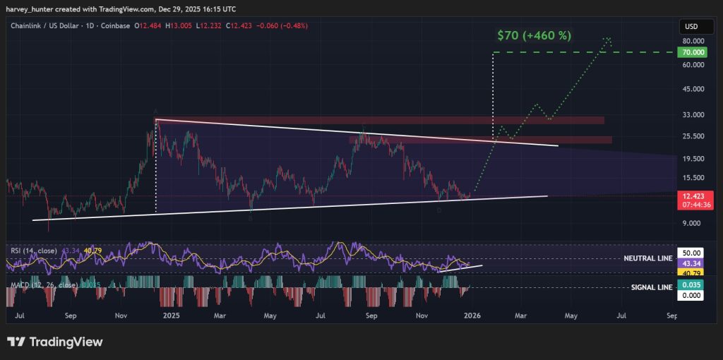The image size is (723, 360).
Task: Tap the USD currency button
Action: [691, 27]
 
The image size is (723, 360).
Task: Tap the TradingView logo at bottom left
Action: [56, 342]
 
